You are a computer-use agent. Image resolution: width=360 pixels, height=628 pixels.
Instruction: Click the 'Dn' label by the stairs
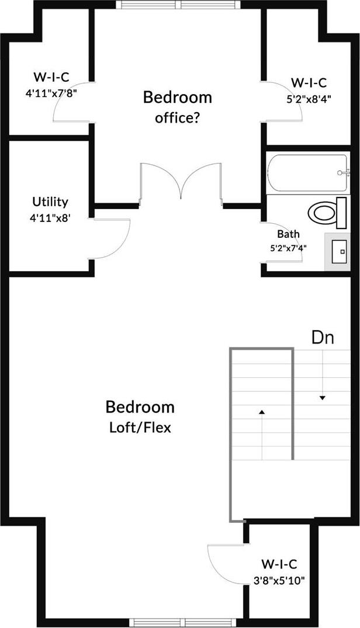pyautogui.click(x=323, y=338)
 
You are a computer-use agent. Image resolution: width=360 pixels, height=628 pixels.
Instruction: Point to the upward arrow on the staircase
pyautogui.click(x=262, y=412)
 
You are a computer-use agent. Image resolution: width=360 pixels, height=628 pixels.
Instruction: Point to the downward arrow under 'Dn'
pyautogui.click(x=322, y=398)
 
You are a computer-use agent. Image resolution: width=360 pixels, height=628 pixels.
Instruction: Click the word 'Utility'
pyautogui.click(x=50, y=202)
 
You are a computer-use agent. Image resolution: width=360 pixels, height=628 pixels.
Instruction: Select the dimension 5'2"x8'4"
pyautogui.click(x=309, y=98)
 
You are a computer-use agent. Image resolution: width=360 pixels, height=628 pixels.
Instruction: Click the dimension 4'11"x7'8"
pyautogui.click(x=52, y=92)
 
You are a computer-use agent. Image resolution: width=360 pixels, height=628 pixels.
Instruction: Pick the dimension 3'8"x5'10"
pyautogui.click(x=279, y=580)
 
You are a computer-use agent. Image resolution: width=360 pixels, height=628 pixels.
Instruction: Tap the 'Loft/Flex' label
pyautogui.click(x=140, y=427)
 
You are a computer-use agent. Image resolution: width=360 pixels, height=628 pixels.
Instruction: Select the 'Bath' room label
pyautogui.click(x=288, y=234)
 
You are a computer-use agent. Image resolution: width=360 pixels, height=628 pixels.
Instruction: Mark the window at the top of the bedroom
pyautogui.click(x=178, y=5)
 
